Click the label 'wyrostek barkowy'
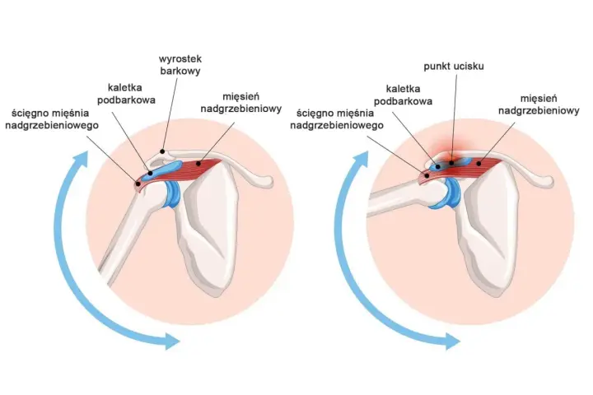[180, 65]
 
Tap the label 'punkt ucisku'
[454, 67]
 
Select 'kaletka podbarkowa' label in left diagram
[126, 93]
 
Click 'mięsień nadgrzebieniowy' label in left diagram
[240, 103]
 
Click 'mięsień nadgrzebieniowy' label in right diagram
[539, 105]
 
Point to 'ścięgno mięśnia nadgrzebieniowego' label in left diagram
[52, 118]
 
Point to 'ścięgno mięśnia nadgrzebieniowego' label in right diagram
[337, 118]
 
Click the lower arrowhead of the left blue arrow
[171, 341]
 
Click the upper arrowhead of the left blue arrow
[80, 159]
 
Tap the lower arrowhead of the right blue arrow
[452, 342]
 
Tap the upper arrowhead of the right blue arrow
[362, 159]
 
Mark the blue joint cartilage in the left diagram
[172, 194]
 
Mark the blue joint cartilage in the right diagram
[447, 193]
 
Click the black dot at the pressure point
[451, 163]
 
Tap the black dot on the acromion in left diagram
[162, 151]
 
